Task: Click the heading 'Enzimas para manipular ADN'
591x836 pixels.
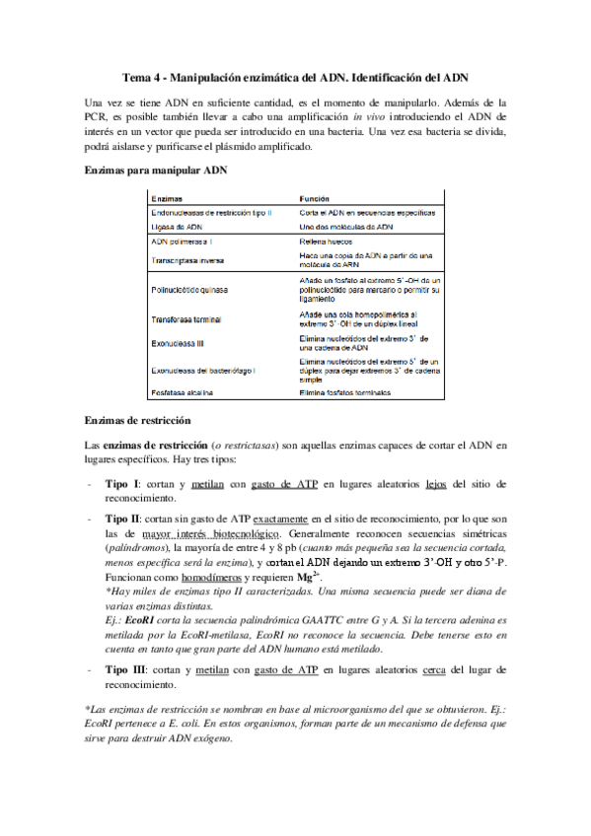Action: (156, 170)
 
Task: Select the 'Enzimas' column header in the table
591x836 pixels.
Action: (167, 198)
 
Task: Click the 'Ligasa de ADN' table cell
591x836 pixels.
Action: (176, 226)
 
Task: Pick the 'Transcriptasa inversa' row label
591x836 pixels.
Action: (189, 261)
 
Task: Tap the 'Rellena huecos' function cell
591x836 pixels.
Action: (327, 241)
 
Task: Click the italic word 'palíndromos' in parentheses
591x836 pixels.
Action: (135, 545)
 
